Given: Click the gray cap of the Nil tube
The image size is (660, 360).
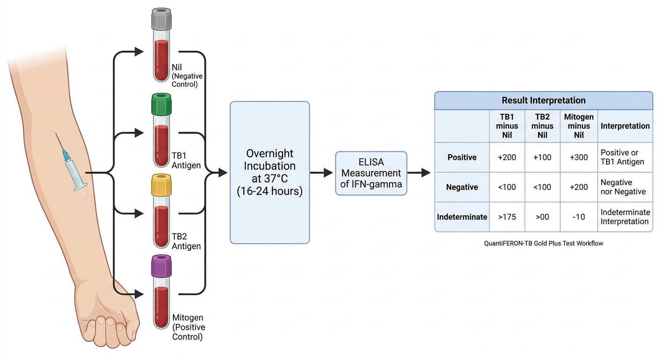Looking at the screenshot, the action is click(x=161, y=19).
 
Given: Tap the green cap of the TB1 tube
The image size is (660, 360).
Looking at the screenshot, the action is click(x=161, y=104).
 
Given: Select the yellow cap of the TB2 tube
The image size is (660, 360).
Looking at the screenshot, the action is click(x=161, y=185).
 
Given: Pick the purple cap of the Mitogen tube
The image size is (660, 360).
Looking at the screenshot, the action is click(x=161, y=266).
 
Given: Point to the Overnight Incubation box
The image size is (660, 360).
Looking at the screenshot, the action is click(x=270, y=172).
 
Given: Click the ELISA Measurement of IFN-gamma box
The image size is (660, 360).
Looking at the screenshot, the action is click(x=371, y=173).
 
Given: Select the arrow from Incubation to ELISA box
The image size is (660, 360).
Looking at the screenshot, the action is click(x=322, y=172).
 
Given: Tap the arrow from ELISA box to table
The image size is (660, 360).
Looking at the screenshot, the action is click(x=419, y=172).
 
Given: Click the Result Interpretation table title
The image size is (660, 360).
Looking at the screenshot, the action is click(x=544, y=100).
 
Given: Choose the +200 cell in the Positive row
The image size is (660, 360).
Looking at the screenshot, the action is click(x=507, y=157).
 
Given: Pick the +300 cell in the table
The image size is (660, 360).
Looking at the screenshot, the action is click(x=579, y=157).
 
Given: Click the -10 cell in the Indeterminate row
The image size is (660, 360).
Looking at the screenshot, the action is click(x=579, y=217).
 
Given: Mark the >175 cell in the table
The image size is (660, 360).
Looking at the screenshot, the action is click(x=507, y=217).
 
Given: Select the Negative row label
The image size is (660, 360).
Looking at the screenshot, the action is click(x=462, y=187).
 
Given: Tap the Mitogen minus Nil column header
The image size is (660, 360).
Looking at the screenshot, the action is click(x=579, y=126).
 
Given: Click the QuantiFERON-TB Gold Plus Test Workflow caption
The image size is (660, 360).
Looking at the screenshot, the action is click(x=544, y=243).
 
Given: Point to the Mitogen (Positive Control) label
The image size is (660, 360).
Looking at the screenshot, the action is click(x=188, y=327).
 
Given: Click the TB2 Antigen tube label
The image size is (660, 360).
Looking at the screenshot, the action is click(x=186, y=241).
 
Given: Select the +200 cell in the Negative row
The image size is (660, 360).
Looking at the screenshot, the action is click(x=579, y=187).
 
